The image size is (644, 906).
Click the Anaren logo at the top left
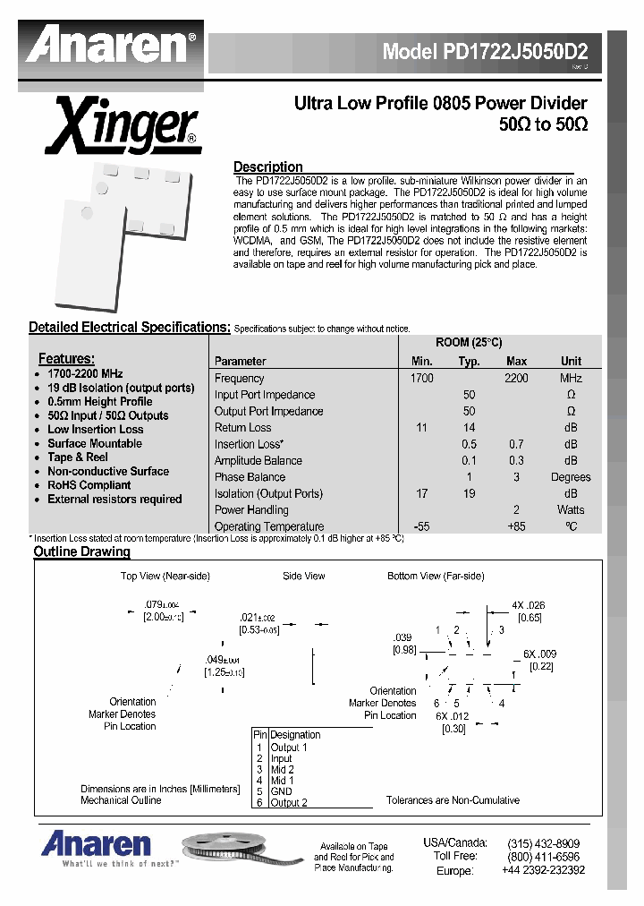click(x=111, y=46)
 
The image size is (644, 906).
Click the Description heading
click(x=267, y=167)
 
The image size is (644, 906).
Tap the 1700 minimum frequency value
click(x=421, y=378)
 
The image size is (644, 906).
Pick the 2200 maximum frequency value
click(x=516, y=378)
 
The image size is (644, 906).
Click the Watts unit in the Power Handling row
click(x=571, y=510)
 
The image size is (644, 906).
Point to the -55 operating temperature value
click(x=421, y=526)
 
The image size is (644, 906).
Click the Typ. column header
click(x=469, y=362)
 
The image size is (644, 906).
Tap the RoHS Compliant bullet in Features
click(x=89, y=485)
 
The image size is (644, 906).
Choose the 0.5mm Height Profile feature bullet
click(x=99, y=401)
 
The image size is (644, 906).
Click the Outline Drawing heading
click(x=81, y=551)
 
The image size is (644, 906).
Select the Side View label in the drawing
click(x=304, y=576)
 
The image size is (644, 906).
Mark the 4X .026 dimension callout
click(x=529, y=606)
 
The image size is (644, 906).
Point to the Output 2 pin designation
click(x=288, y=803)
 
